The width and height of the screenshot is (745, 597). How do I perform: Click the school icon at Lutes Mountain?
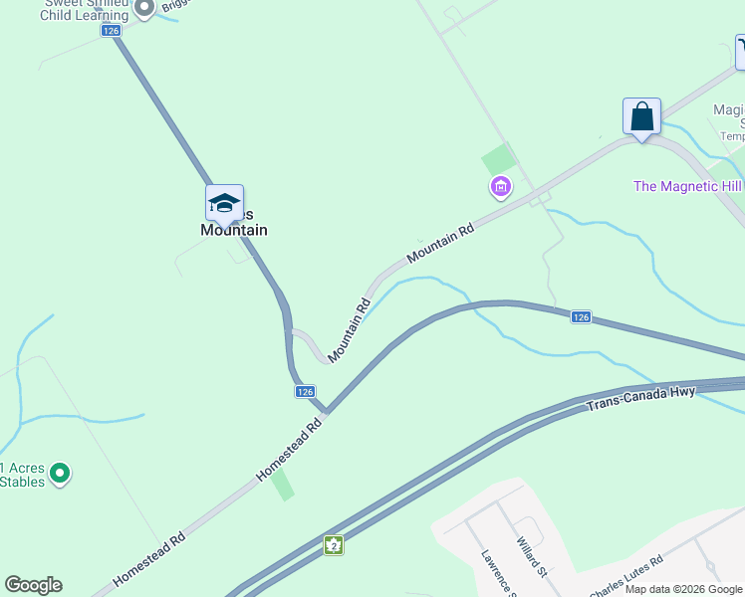224,203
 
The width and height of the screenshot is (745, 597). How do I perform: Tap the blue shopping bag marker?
642,116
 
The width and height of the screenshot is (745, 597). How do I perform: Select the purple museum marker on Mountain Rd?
500,187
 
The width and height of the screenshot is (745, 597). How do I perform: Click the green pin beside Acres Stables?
60,474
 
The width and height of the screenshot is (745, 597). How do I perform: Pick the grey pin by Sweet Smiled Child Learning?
143,9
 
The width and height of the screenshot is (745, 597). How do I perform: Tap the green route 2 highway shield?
334,545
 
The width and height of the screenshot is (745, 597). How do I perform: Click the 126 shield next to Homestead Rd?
306,392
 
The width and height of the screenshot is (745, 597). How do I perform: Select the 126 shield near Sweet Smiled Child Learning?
111,31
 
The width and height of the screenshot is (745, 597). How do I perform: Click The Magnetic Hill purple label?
687,186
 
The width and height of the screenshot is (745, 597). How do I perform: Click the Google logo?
33,585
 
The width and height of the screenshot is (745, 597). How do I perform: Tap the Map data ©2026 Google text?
683,589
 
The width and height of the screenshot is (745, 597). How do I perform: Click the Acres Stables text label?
22,476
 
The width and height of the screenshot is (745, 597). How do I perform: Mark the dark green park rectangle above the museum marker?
498,159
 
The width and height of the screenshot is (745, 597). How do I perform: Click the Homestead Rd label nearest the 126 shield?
290,450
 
